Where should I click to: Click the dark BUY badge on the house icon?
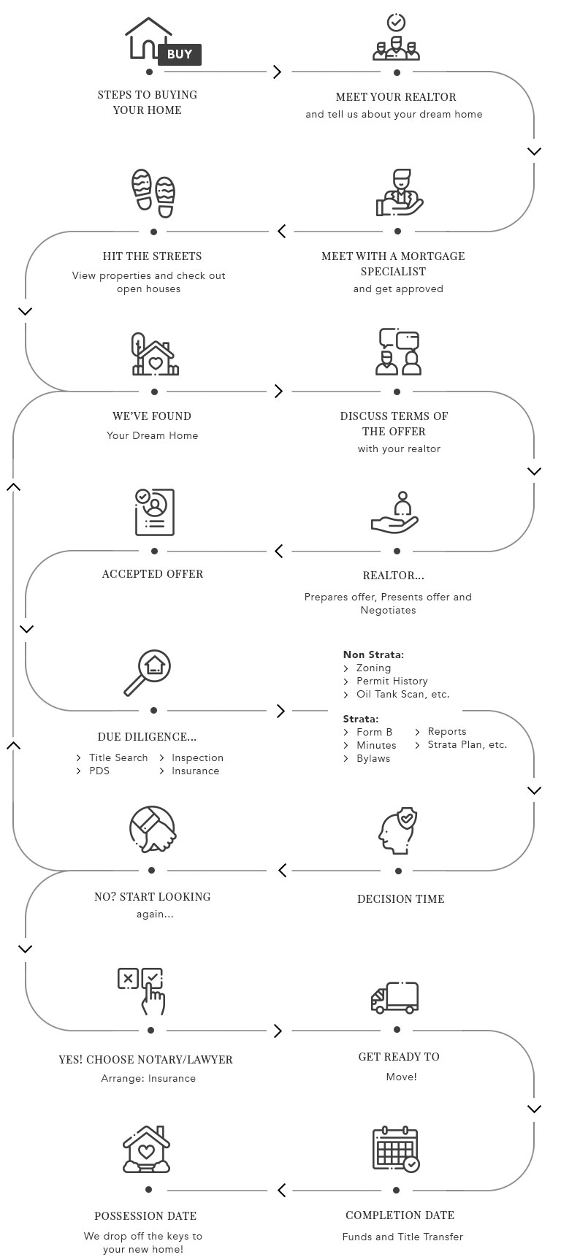coord(179,54)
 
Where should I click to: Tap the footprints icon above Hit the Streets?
coord(153,193)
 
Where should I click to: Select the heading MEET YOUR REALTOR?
coord(396,96)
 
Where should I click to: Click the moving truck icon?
coord(395,998)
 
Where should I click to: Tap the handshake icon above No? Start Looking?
coord(153,830)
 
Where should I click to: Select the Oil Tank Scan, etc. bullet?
coord(402,694)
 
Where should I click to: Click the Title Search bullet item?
coord(118,757)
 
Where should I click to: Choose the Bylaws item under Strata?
coord(373,758)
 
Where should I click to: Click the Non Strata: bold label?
coord(373,654)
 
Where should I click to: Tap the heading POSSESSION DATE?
coord(145,1215)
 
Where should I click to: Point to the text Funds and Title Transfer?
coord(402,1237)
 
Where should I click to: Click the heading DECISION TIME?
coord(400,898)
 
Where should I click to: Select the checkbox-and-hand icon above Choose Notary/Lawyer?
coord(142,990)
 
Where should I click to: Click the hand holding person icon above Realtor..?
coord(395,513)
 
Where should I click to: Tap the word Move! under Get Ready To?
coord(401,1077)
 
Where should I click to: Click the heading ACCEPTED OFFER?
coord(153,573)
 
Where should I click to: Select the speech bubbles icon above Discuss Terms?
coord(399,351)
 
